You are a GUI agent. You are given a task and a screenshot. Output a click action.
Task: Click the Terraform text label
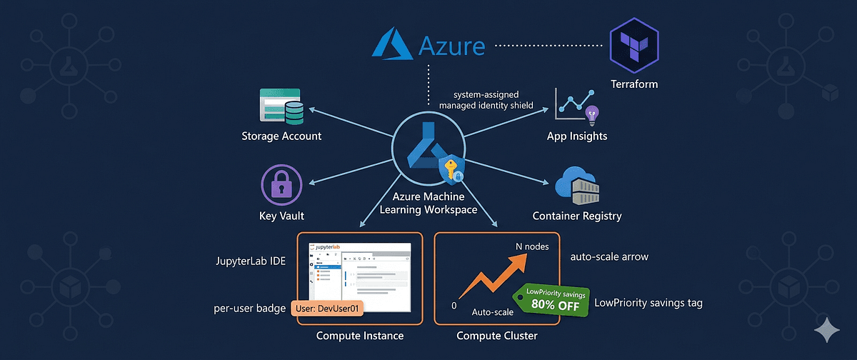(x=633, y=84)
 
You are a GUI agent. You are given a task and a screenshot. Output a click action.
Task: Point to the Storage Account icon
(x=280, y=108)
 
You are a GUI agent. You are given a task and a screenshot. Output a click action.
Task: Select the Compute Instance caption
(x=360, y=336)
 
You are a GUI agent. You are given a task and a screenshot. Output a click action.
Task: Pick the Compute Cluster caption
(x=496, y=336)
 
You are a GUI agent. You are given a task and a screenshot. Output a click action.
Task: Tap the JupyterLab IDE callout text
(x=250, y=261)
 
